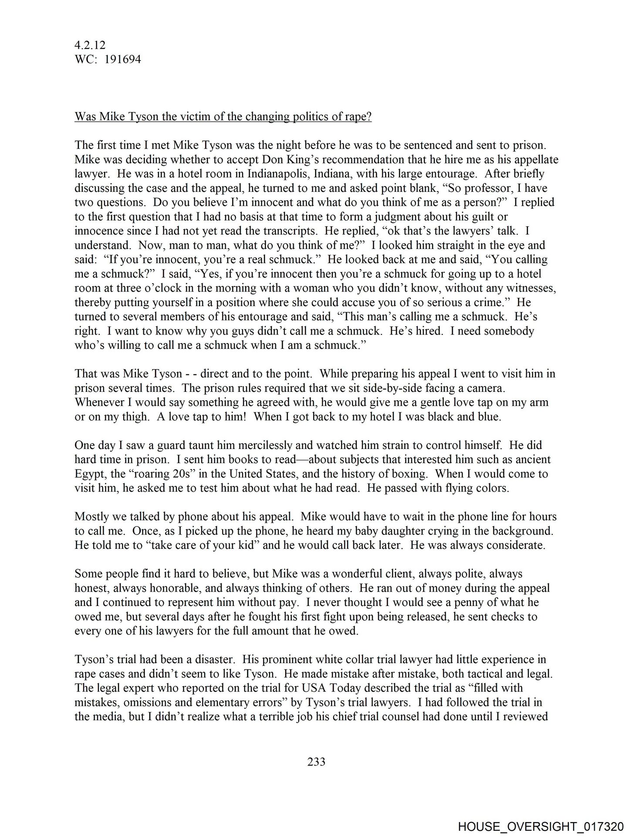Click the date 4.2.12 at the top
[90, 45]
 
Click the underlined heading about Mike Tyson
[223, 117]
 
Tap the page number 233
[316, 762]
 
